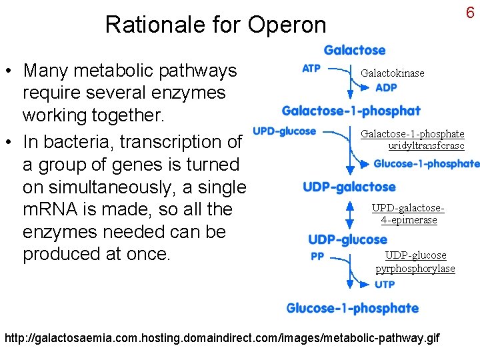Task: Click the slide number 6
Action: pos(470,13)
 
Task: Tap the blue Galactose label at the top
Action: pos(355,50)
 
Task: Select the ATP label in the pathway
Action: pos(311,68)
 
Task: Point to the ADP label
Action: pos(386,87)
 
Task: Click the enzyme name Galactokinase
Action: pos(392,73)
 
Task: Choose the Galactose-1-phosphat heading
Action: pos(351,111)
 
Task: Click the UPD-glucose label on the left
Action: pos(285,131)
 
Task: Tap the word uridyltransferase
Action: pos(426,145)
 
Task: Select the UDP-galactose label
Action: pos(349,187)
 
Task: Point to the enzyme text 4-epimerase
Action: pos(409,220)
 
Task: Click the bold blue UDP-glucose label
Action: pos(347,239)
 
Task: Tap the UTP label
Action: pos(385,285)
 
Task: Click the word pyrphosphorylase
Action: pos(415,269)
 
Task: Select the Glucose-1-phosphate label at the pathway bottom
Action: pos(353,308)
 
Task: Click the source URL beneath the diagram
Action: pos(222,338)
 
